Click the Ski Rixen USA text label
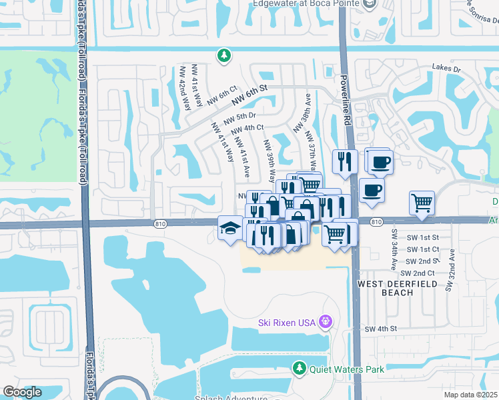(286, 323)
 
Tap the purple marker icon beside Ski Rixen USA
(325, 322)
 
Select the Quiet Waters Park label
(338, 368)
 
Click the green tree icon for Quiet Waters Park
(300, 368)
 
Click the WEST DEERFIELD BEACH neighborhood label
(399, 288)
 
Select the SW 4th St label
(381, 329)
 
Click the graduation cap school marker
(229, 229)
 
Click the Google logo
(22, 392)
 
